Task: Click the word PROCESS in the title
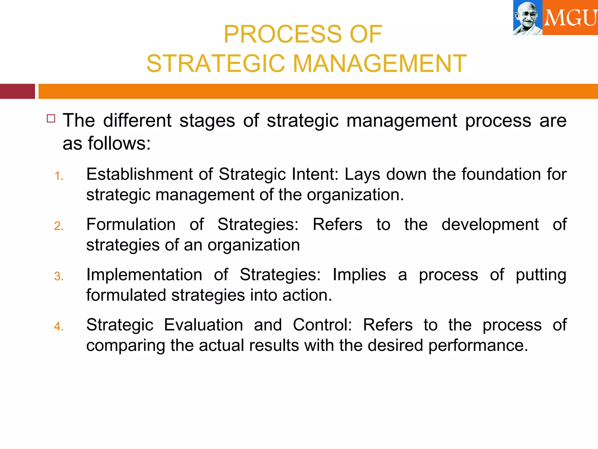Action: (283, 34)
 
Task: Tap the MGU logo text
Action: (570, 18)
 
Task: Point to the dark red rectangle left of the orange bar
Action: (17, 91)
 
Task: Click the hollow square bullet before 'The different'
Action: (51, 118)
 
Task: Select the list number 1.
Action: (59, 176)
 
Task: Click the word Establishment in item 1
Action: (140, 174)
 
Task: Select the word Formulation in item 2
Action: (131, 224)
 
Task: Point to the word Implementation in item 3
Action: (144, 275)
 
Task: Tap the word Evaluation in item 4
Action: (204, 325)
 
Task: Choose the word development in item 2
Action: (490, 224)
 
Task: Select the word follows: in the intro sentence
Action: (119, 144)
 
